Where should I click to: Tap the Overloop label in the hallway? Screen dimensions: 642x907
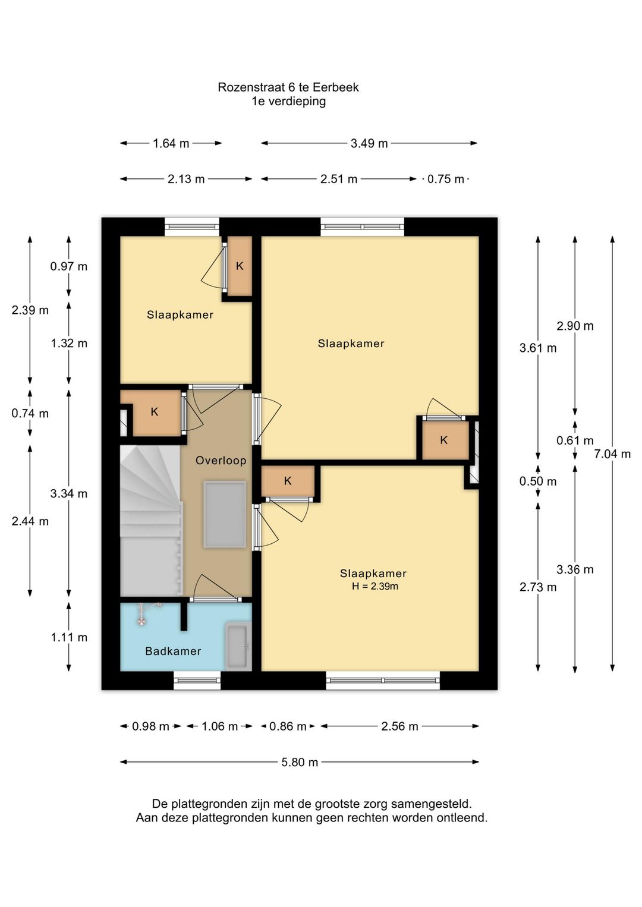click(x=221, y=461)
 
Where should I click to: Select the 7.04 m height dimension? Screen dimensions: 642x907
click(x=612, y=454)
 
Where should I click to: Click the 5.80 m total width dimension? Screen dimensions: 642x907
click(x=300, y=762)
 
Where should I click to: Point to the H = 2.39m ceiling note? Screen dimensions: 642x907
click(x=374, y=586)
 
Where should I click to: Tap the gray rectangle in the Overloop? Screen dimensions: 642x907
click(x=225, y=514)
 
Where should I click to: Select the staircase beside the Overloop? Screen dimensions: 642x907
click(x=152, y=520)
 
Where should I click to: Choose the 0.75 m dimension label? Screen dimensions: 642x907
click(x=446, y=179)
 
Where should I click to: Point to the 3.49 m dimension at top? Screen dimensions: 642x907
click(x=369, y=143)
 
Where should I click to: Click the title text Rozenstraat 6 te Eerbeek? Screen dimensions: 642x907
click(x=288, y=87)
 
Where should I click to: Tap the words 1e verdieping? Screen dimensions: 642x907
click(x=288, y=101)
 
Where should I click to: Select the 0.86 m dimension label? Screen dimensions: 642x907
click(x=288, y=726)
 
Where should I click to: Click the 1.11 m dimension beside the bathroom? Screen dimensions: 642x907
click(x=69, y=637)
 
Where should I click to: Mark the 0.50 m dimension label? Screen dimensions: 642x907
click(x=538, y=481)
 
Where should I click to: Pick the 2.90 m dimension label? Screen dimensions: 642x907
click(x=575, y=326)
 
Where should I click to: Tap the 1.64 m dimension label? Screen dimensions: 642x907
click(x=171, y=143)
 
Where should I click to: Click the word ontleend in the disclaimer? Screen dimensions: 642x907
click(x=462, y=817)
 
